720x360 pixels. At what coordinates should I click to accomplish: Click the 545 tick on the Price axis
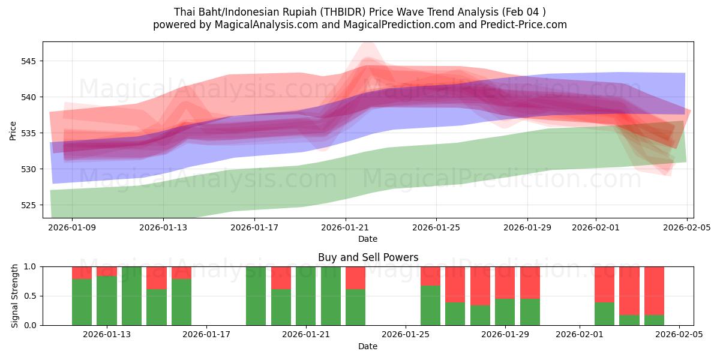click(x=29, y=61)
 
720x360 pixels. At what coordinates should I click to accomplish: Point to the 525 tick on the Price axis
click(x=29, y=205)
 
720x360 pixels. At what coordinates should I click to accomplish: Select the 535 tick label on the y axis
click(x=29, y=133)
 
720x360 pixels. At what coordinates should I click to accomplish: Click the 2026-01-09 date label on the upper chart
click(x=73, y=227)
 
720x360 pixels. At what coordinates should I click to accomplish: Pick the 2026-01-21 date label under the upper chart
click(x=346, y=227)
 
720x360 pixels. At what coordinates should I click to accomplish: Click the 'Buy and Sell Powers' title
click(x=368, y=257)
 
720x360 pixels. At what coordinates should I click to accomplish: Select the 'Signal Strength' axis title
click(x=15, y=295)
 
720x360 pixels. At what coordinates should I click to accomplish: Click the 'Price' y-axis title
click(x=13, y=130)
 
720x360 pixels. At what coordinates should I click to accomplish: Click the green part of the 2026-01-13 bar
click(x=107, y=301)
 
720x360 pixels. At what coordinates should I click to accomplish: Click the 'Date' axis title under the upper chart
click(x=368, y=239)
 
